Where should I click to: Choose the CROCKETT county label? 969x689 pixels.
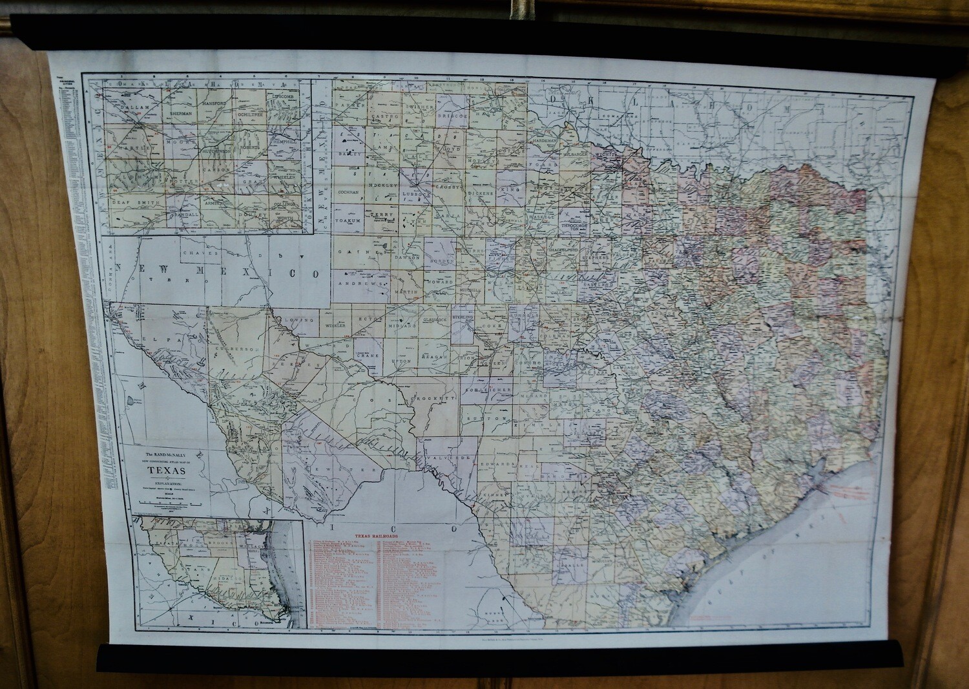435,399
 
